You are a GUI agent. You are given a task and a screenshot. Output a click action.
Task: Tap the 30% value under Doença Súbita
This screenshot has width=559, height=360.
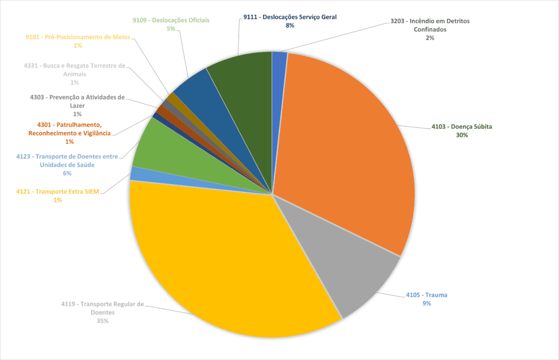(462, 135)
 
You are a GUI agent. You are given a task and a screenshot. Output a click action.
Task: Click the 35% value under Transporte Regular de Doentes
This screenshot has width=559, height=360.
(103, 321)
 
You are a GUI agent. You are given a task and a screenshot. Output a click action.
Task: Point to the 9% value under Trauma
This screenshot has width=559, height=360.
(426, 303)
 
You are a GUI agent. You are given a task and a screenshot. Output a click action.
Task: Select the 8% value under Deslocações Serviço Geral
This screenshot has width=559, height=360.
(290, 26)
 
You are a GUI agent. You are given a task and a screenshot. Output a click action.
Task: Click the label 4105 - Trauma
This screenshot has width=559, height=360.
(426, 295)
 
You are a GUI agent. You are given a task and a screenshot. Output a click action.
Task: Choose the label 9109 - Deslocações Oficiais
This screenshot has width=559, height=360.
(171, 20)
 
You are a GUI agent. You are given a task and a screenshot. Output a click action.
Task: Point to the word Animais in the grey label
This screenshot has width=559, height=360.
(74, 74)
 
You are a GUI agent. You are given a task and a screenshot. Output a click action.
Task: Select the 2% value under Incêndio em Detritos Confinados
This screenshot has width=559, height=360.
(430, 38)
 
